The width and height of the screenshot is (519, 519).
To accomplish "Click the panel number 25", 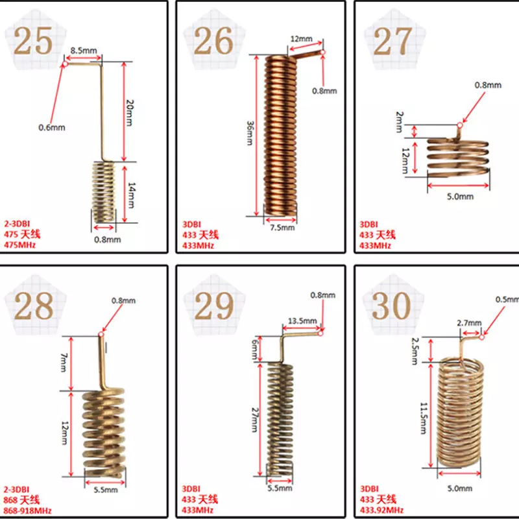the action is click(33, 41).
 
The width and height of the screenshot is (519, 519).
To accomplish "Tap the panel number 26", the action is click(213, 41).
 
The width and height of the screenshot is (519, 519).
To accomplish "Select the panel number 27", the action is click(393, 41).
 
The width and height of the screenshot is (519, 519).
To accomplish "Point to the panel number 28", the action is click(34, 306).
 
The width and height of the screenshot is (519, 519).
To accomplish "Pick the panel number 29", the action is click(214, 306).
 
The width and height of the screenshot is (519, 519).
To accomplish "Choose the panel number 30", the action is click(392, 306).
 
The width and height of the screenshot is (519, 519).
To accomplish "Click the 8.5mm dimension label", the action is click(84, 51).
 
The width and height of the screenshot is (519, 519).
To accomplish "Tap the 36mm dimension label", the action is click(250, 133).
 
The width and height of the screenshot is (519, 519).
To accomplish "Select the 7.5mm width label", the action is click(282, 228).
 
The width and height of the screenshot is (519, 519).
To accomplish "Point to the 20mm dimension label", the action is click(130, 112).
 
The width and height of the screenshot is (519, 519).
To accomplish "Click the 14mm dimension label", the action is click(132, 195).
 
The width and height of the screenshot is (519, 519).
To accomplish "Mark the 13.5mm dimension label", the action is click(302, 320).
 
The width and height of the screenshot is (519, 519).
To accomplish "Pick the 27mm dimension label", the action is click(254, 420).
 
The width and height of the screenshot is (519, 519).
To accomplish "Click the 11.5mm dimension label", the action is click(424, 418).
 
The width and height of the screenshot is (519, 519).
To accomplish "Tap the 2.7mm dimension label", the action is click(469, 322).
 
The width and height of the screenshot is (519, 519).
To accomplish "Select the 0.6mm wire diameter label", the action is click(52, 127).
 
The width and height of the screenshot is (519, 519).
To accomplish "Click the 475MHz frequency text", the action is click(19, 245).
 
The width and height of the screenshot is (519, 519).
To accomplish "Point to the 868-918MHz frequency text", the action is click(27, 511).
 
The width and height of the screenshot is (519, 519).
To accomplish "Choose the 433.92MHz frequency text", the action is click(381, 510).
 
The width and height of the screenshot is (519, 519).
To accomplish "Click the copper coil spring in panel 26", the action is click(281, 134).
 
